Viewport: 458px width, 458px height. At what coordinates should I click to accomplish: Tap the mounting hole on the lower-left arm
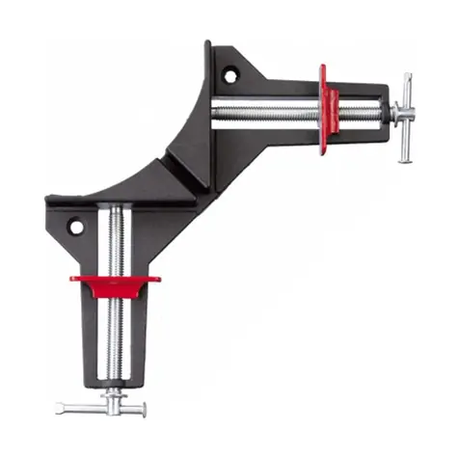(x=74, y=228)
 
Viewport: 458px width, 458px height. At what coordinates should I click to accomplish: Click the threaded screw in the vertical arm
(x=115, y=241)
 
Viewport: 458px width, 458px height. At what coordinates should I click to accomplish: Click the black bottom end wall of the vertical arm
(x=115, y=380)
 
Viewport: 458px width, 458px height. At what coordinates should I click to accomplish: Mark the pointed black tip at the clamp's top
(x=208, y=42)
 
